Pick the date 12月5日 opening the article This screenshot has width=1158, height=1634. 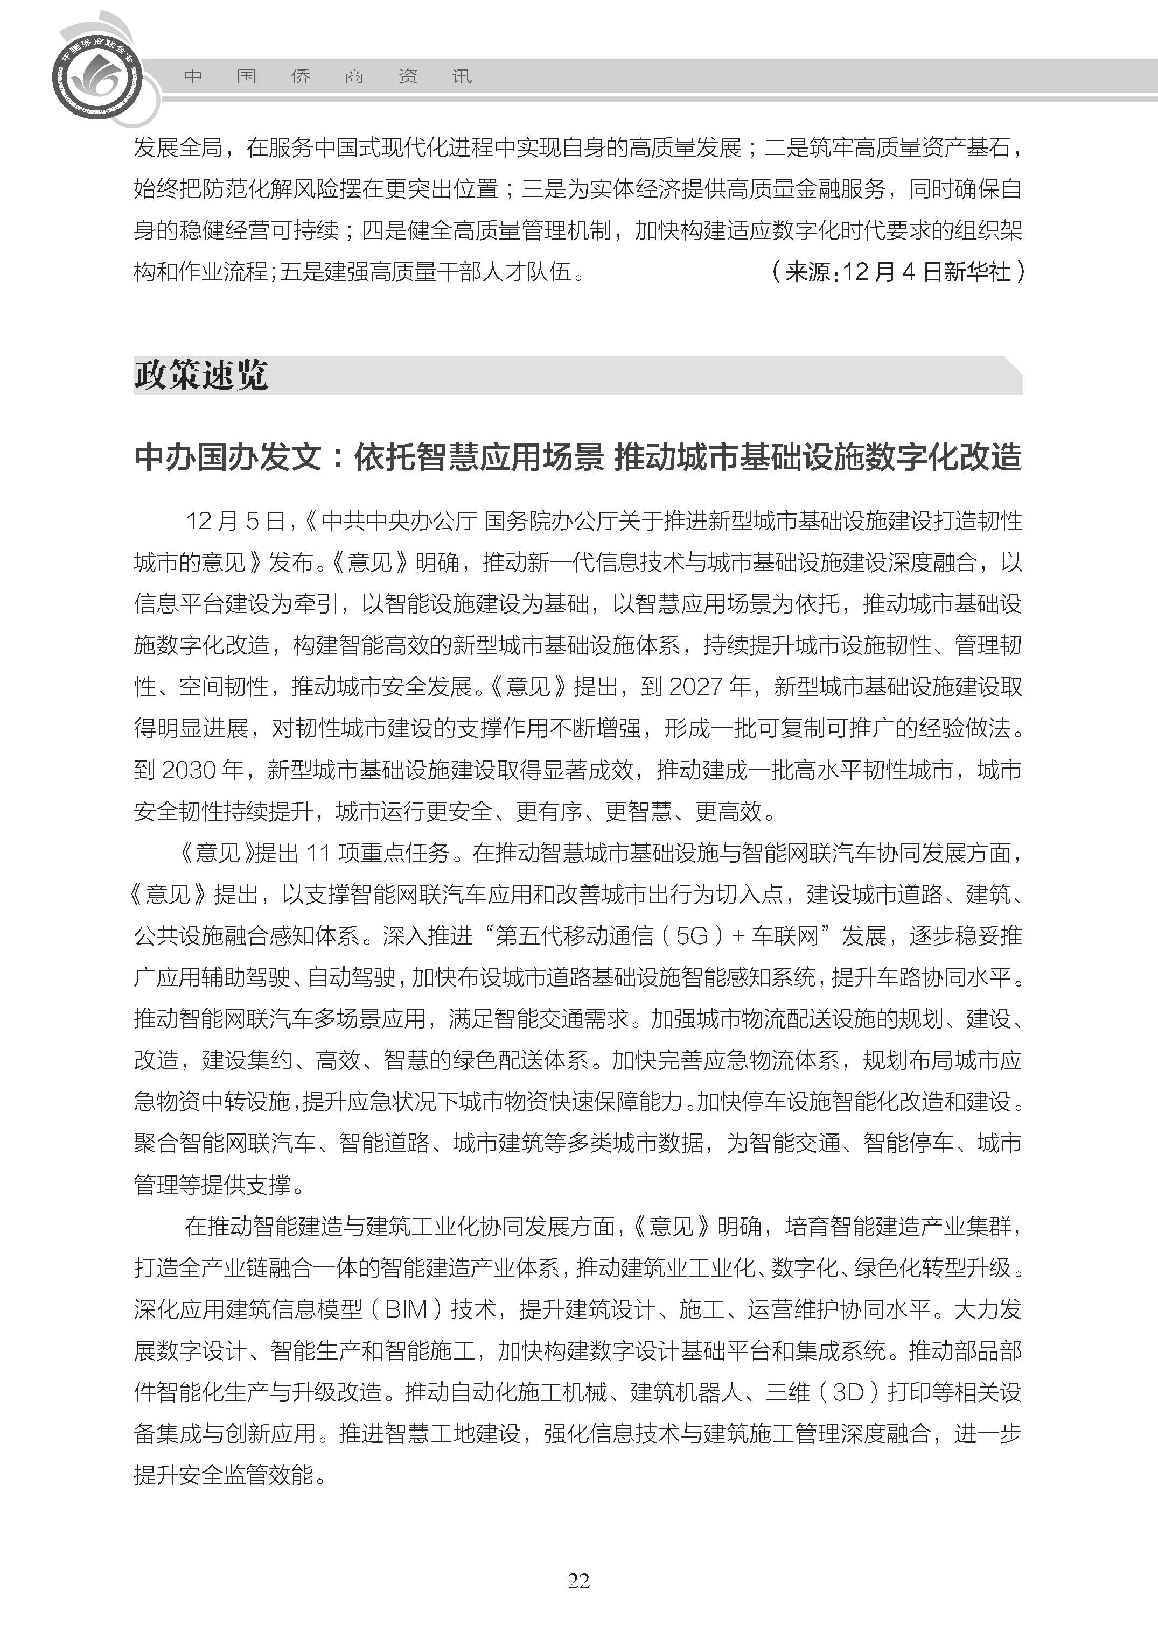[x=235, y=522]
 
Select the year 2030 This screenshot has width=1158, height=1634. [x=189, y=770]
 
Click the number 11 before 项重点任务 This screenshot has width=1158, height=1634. [x=317, y=853]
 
